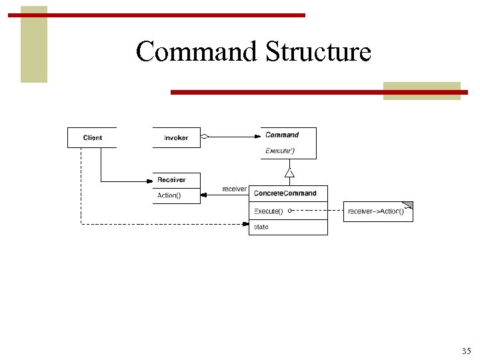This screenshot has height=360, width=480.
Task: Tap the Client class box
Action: coord(92,138)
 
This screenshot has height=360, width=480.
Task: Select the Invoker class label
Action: coord(176,138)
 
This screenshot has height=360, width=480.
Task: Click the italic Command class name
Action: coord(282,135)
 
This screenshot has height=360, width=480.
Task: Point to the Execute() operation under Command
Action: coord(280,151)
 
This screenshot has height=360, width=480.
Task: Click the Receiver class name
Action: coord(171,180)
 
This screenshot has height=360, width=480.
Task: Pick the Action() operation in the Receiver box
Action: coord(169,195)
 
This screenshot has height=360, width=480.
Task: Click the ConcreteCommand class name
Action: coord(285,193)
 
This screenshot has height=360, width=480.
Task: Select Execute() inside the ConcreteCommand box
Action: coord(268,211)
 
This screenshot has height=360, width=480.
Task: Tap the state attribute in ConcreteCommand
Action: coord(261,227)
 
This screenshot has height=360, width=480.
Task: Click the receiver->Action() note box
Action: coord(376,211)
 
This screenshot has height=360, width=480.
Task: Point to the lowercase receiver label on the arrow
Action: coord(234,189)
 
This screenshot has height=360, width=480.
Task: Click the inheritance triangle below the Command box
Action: coord(289,173)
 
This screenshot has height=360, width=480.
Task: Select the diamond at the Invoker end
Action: coord(205,137)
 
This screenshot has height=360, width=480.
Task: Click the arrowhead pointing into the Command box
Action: coord(257,137)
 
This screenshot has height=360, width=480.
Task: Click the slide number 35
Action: coord(466,351)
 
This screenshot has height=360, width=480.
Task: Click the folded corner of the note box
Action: coord(409,205)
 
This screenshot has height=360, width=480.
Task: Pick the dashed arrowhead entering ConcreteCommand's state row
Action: coord(245,225)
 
